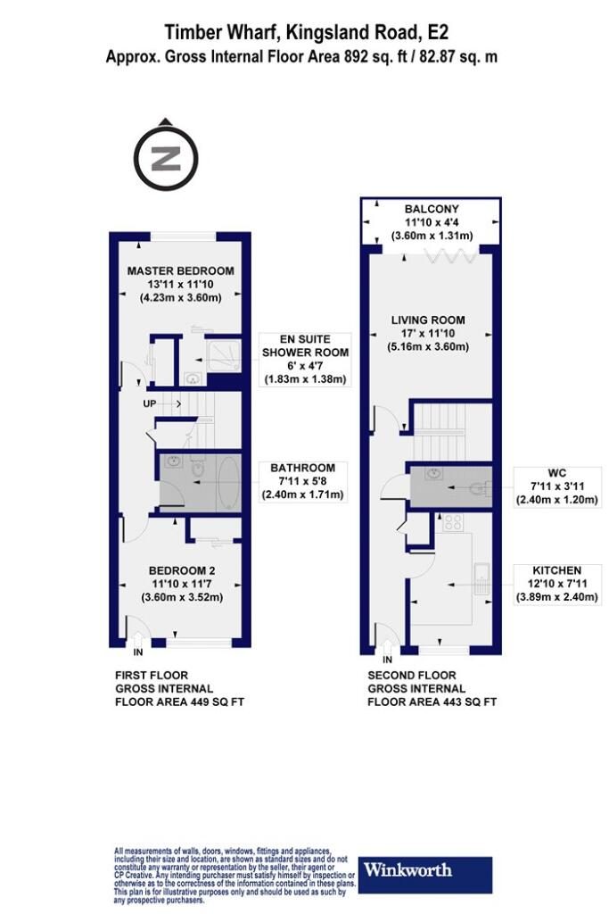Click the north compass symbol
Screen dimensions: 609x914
pyautogui.click(x=166, y=156)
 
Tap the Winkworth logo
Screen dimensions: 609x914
pyautogui.click(x=425, y=875)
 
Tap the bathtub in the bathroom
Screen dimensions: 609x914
pyautogui.click(x=228, y=483)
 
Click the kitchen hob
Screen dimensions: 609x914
pyautogui.click(x=453, y=521)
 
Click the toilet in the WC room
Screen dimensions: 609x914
pyautogui.click(x=481, y=487)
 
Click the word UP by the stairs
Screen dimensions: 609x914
pyautogui.click(x=150, y=403)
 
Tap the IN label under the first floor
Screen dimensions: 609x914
pyautogui.click(x=138, y=652)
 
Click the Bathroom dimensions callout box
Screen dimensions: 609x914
pyautogui.click(x=302, y=481)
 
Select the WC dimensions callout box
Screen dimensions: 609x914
pyautogui.click(x=556, y=486)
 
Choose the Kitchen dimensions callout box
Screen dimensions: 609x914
pyautogui.click(x=556, y=584)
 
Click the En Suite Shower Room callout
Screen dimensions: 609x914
pyautogui.click(x=305, y=359)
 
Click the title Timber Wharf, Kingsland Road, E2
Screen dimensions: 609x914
pyautogui.click(x=306, y=33)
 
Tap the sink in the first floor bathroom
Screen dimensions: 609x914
pyautogui.click(x=173, y=463)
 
